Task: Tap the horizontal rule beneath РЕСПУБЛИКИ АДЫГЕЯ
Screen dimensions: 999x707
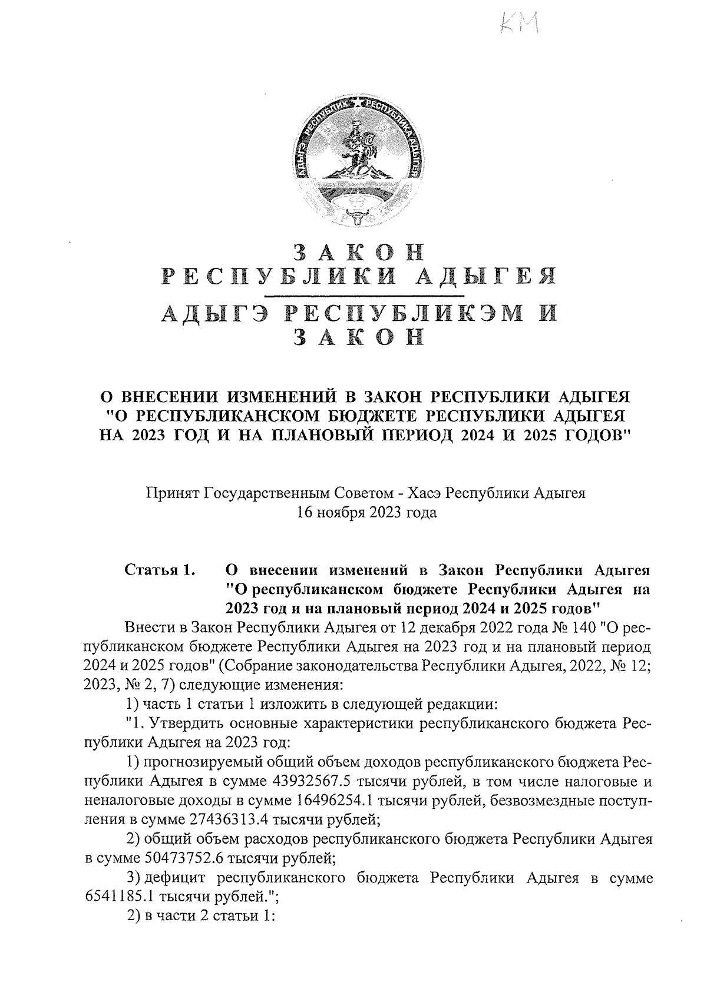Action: [x=364, y=294]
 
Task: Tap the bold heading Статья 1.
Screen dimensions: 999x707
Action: [x=159, y=570]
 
